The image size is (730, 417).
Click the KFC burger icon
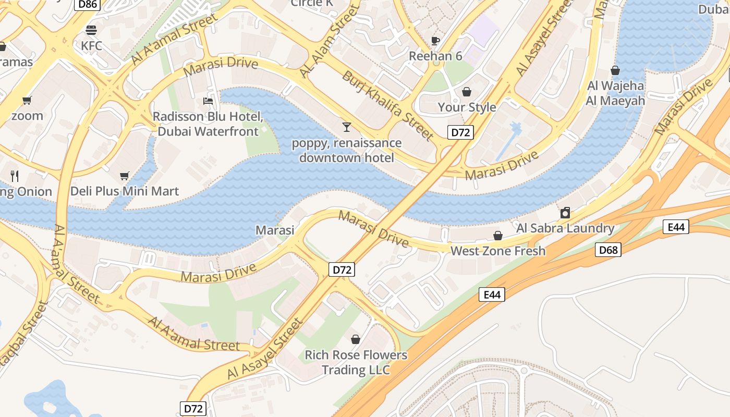click(91, 30)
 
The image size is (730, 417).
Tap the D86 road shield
click(88, 4)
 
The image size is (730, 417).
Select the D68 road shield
click(608, 250)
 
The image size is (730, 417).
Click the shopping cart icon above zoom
click(27, 100)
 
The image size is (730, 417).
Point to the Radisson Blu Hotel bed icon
click(208, 101)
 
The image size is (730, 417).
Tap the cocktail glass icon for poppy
click(346, 127)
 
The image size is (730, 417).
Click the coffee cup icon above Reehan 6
click(435, 41)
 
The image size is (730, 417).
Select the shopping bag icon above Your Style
click(467, 92)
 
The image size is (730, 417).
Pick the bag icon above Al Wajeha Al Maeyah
click(615, 70)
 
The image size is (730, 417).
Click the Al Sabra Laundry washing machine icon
click(565, 213)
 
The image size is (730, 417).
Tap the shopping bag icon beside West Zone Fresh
click(498, 236)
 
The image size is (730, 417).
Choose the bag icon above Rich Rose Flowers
click(356, 340)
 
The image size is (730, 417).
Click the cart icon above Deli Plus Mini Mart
click(124, 176)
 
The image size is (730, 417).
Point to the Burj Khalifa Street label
click(387, 106)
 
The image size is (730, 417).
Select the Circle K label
click(312, 3)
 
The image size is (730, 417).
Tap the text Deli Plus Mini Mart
click(125, 191)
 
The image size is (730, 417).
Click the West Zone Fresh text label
click(498, 251)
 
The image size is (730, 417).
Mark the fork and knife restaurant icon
click(15, 176)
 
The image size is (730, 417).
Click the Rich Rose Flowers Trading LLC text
click(356, 362)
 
